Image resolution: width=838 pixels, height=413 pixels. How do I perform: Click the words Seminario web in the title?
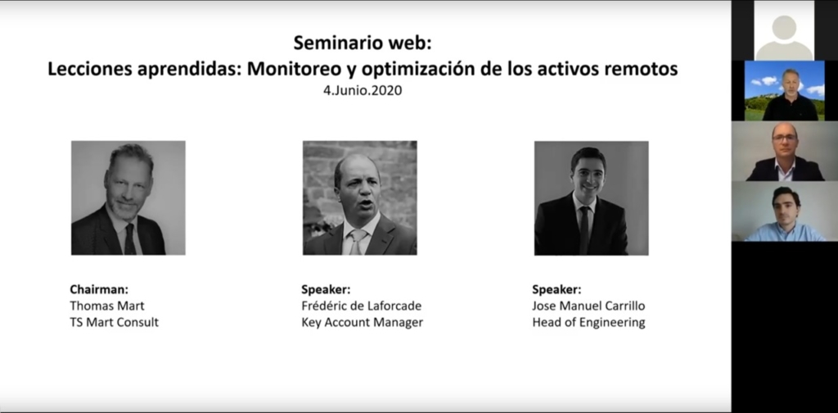(362, 43)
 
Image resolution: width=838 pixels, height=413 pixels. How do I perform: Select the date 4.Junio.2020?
(363, 90)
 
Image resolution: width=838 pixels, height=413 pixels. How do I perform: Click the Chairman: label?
(99, 289)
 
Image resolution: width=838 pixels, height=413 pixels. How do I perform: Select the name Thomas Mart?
(107, 306)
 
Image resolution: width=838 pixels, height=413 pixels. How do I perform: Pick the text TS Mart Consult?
(115, 323)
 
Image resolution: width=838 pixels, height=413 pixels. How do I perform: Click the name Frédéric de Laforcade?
(361, 306)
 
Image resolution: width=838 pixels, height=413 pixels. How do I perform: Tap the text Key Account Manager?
(362, 323)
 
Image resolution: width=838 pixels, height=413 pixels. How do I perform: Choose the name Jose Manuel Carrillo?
(588, 306)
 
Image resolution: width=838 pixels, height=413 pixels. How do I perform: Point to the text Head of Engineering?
(588, 323)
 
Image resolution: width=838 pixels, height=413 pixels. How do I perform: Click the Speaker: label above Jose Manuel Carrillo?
(556, 289)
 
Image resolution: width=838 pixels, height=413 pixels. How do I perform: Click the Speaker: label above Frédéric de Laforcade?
(326, 289)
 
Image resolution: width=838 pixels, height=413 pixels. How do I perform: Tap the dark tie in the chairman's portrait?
(130, 239)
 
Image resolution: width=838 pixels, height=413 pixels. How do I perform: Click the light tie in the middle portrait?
(356, 242)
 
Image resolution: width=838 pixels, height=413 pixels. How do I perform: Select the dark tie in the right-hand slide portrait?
(583, 230)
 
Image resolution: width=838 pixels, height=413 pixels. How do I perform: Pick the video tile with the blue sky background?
(785, 90)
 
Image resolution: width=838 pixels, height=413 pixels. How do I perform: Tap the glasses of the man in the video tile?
(785, 138)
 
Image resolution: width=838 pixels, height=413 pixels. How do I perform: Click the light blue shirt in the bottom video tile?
(785, 233)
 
